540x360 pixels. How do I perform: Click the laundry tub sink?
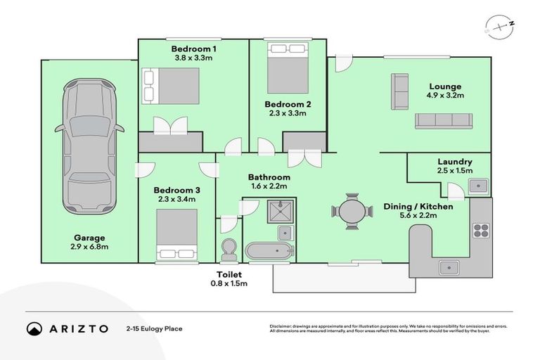pyautogui.click(x=479, y=186)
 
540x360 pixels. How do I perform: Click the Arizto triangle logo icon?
pyautogui.click(x=34, y=329)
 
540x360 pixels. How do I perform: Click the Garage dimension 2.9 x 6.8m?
pyautogui.click(x=88, y=247)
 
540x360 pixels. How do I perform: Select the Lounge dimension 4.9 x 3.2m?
pyautogui.click(x=445, y=95)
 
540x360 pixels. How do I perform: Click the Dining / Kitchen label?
pyautogui.click(x=418, y=207)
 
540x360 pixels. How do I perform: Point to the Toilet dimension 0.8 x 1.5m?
pyautogui.click(x=229, y=284)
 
